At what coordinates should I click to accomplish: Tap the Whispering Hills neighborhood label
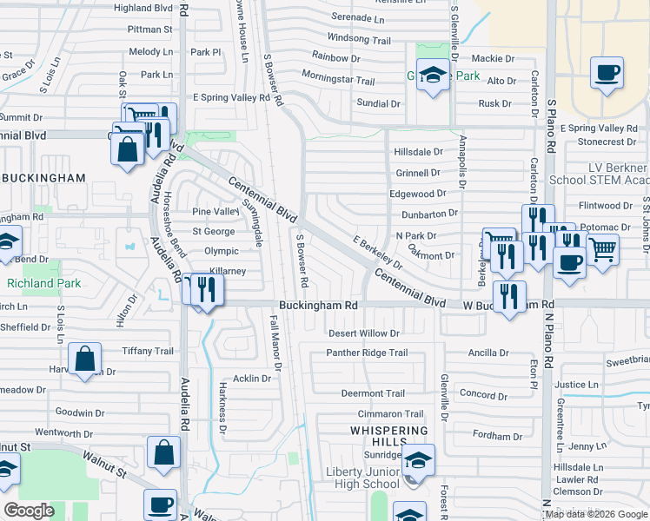point(389,436)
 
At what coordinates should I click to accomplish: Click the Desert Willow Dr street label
point(363,333)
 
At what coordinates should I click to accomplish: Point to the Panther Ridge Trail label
point(367,353)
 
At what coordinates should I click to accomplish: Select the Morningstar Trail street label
point(338,81)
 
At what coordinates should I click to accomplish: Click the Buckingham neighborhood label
point(43,178)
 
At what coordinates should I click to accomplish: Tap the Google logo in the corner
point(29,511)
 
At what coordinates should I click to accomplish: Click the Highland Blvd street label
point(144,8)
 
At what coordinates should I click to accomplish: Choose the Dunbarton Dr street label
point(428,214)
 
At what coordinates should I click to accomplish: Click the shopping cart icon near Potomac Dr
point(602,249)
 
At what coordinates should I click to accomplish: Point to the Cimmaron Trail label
point(390,414)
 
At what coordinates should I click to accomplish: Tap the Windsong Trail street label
point(359,39)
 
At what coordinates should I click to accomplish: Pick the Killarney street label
point(228,272)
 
